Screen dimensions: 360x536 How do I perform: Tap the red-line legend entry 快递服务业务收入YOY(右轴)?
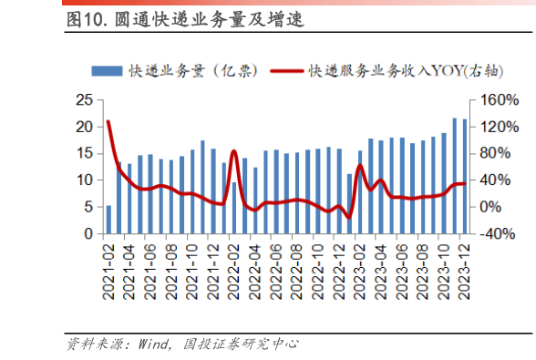[x=384, y=70]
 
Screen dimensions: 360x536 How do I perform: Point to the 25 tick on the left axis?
[x=83, y=98]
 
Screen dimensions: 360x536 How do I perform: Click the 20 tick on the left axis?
[x=83, y=126]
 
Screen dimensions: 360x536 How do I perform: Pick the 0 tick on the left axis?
[x=88, y=234]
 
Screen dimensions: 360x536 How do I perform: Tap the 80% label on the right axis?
[x=495, y=153]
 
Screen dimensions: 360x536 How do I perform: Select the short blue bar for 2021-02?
[x=109, y=220]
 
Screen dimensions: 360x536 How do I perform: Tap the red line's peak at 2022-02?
[x=233, y=151]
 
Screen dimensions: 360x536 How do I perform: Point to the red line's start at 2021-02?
[x=108, y=121]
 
